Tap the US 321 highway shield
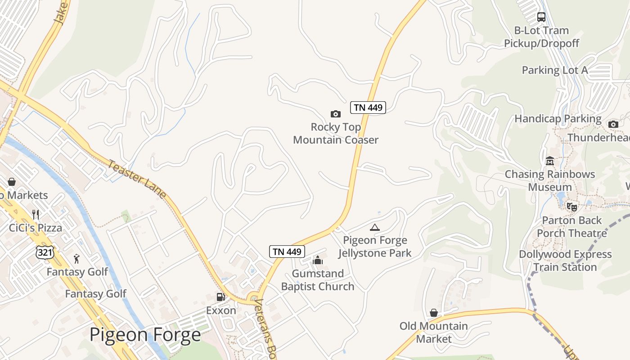[45, 252]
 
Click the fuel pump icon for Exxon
[220, 297]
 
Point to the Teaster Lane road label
[137, 179]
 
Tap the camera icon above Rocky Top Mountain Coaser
[335, 114]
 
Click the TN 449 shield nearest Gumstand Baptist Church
[287, 252]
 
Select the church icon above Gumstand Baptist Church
[318, 260]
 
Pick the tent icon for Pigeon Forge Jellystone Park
[374, 227]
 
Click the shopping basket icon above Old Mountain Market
[434, 313]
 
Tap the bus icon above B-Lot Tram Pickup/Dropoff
[541, 17]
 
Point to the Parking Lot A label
[555, 70]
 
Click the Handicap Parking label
[558, 119]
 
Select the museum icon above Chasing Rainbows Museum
[549, 161]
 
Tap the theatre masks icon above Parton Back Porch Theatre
[571, 207]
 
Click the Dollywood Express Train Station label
[565, 261]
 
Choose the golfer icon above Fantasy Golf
[77, 259]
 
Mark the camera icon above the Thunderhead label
[613, 124]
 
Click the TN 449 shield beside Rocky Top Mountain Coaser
[368, 108]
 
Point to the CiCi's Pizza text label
[36, 228]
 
